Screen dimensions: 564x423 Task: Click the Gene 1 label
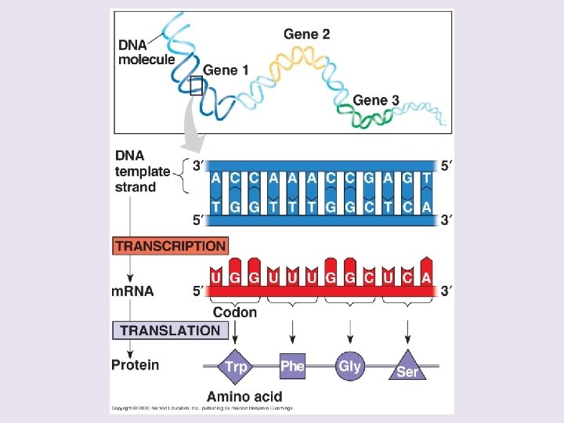click(x=226, y=70)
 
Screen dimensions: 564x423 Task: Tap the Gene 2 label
click(x=306, y=34)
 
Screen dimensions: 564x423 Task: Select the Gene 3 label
click(x=376, y=100)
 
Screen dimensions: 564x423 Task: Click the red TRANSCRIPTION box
click(x=171, y=246)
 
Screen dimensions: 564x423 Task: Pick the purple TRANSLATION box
click(x=171, y=330)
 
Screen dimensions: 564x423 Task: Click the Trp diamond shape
click(x=235, y=366)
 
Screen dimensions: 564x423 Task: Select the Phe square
click(x=292, y=366)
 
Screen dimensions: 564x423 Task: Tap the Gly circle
click(x=349, y=366)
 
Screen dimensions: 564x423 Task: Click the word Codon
click(x=235, y=312)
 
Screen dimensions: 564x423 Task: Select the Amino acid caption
click(x=244, y=396)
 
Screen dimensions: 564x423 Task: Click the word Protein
click(x=135, y=364)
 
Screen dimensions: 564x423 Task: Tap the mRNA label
click(x=132, y=291)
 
